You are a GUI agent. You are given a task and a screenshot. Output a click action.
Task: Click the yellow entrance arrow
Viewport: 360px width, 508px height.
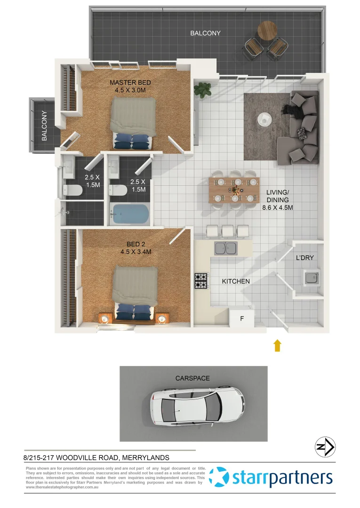[x=278, y=346]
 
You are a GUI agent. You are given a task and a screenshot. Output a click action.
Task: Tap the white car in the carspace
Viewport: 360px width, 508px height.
[x=198, y=404]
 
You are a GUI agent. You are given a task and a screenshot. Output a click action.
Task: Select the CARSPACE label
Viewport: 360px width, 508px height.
[x=192, y=378]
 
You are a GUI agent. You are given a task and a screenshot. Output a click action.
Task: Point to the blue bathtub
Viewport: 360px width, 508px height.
[x=129, y=214]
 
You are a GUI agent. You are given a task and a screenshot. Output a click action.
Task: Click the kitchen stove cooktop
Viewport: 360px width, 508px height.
[x=200, y=281]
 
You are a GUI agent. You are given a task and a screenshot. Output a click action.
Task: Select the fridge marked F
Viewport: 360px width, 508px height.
[x=242, y=318]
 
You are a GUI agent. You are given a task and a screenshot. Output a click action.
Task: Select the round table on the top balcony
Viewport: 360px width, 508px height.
[x=267, y=31]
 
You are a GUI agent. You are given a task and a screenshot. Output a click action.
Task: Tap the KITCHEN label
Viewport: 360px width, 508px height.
[x=236, y=281]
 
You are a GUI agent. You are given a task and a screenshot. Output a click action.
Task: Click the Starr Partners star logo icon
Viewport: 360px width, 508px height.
[x=219, y=477]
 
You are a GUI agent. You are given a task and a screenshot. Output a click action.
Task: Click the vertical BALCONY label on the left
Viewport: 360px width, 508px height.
[x=44, y=126]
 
